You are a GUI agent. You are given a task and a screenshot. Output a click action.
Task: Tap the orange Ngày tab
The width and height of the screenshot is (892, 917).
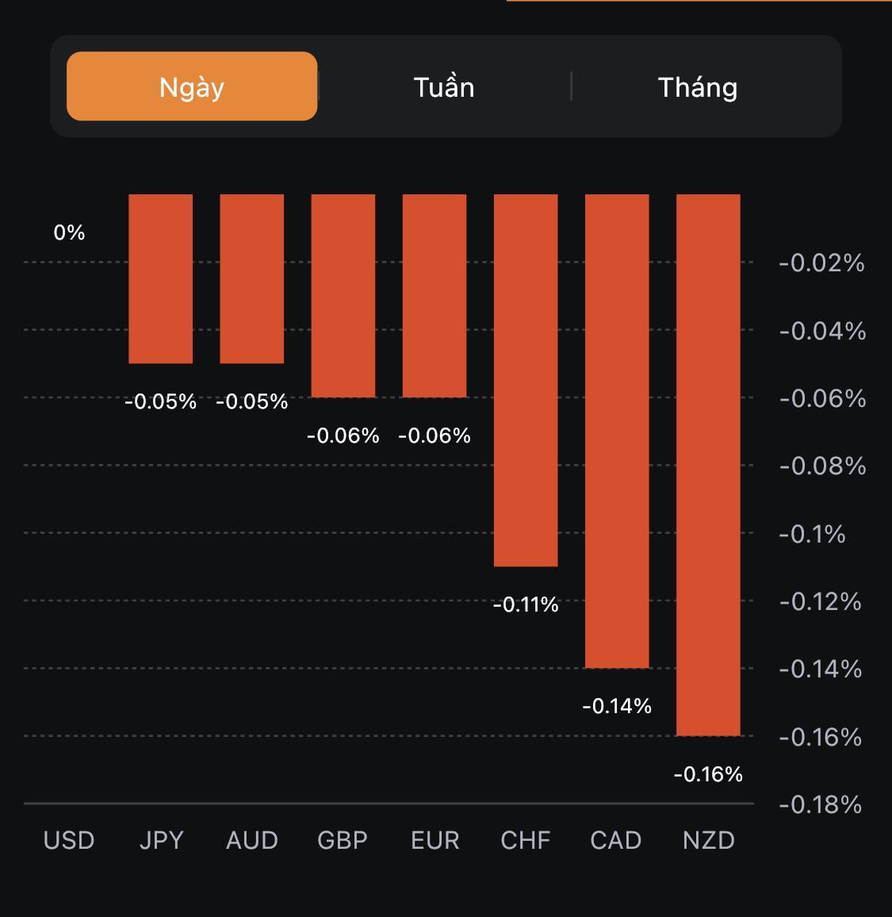click(x=192, y=86)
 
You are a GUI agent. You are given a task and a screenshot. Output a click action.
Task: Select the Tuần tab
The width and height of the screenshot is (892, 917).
click(x=444, y=86)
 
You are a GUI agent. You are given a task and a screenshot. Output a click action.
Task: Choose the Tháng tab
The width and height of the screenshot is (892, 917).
click(x=698, y=86)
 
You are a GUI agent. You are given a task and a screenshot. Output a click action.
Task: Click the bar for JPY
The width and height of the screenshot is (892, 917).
click(x=161, y=278)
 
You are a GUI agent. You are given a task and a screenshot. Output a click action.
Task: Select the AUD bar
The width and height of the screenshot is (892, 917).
click(x=252, y=278)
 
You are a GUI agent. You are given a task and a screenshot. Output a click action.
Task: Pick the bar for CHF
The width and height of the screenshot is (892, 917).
click(x=526, y=380)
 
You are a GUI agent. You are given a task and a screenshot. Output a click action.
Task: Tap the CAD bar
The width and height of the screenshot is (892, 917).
click(x=617, y=431)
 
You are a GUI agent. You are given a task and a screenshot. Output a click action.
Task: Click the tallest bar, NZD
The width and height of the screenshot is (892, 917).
click(x=708, y=465)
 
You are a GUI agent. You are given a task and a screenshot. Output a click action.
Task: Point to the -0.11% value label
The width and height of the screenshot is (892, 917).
click(x=526, y=605)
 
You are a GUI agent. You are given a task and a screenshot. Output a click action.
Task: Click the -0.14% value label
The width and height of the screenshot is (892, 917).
click(x=617, y=706)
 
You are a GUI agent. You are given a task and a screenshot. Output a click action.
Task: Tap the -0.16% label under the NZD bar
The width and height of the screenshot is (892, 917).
click(x=708, y=774)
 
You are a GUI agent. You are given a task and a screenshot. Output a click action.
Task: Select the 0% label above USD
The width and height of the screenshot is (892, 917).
click(x=69, y=232)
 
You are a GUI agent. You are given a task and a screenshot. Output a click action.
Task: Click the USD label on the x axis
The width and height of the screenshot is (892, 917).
click(x=69, y=840)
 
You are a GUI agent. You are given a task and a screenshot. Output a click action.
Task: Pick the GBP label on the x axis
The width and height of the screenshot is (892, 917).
click(x=343, y=840)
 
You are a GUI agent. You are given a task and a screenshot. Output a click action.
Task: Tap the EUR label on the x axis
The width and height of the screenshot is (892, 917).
click(x=435, y=840)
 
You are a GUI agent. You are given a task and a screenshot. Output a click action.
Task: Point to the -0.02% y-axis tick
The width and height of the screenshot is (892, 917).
click(x=821, y=263)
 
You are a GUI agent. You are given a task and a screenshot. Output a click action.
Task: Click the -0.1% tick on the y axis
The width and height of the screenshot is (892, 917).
click(x=812, y=534)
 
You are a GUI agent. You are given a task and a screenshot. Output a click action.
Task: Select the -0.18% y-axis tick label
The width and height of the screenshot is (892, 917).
click(x=820, y=805)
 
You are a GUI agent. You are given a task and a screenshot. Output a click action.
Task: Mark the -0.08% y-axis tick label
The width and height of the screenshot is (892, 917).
click(x=822, y=466)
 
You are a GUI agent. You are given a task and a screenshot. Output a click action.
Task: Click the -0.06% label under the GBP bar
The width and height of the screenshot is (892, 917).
click(x=343, y=435)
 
